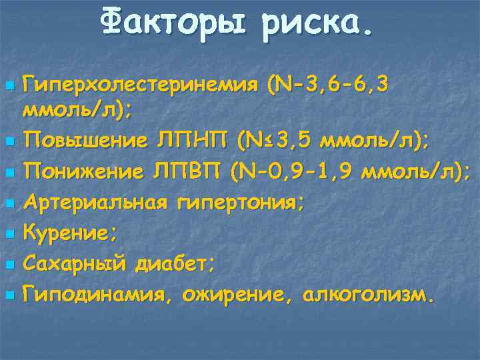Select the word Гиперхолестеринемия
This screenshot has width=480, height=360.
click(140, 86)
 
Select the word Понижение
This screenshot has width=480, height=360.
click(83, 172)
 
